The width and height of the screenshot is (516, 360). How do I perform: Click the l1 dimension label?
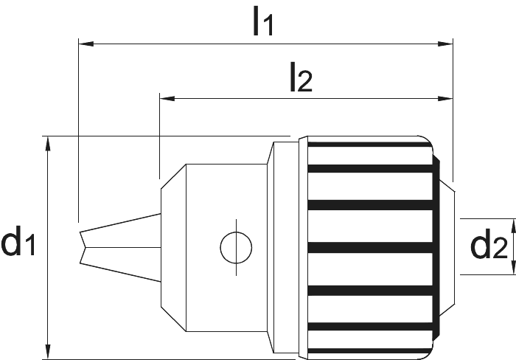pos(263,21)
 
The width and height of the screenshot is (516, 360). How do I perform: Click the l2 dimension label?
pos(301,77)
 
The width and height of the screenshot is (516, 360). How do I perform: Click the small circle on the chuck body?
pos(236,247)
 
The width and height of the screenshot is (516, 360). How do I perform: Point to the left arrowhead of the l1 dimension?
pos(86,44)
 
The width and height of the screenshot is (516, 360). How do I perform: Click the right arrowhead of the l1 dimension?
pos(445,44)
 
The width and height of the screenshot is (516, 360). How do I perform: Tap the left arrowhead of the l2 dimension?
pos(167,98)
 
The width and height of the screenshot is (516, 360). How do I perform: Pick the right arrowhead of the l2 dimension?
pos(445,98)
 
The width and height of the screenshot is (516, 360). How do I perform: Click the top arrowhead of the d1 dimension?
pos(48,144)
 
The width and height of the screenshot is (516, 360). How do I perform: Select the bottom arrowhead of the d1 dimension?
pos(48,352)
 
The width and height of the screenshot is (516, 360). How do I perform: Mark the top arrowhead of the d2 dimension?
pos(513,226)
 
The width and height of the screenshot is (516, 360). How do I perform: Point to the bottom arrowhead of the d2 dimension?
pos(513,267)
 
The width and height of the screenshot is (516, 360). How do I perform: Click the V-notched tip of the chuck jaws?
pos(85,247)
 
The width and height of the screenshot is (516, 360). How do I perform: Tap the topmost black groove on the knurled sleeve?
pos(369,145)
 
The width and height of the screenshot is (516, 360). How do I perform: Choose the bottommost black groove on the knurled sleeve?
pos(369,351)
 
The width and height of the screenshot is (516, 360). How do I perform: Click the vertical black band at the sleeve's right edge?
pos(436,248)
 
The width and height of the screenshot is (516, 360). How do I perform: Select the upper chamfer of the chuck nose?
pos(173,176)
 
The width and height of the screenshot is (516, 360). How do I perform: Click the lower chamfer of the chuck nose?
pos(173,319)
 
